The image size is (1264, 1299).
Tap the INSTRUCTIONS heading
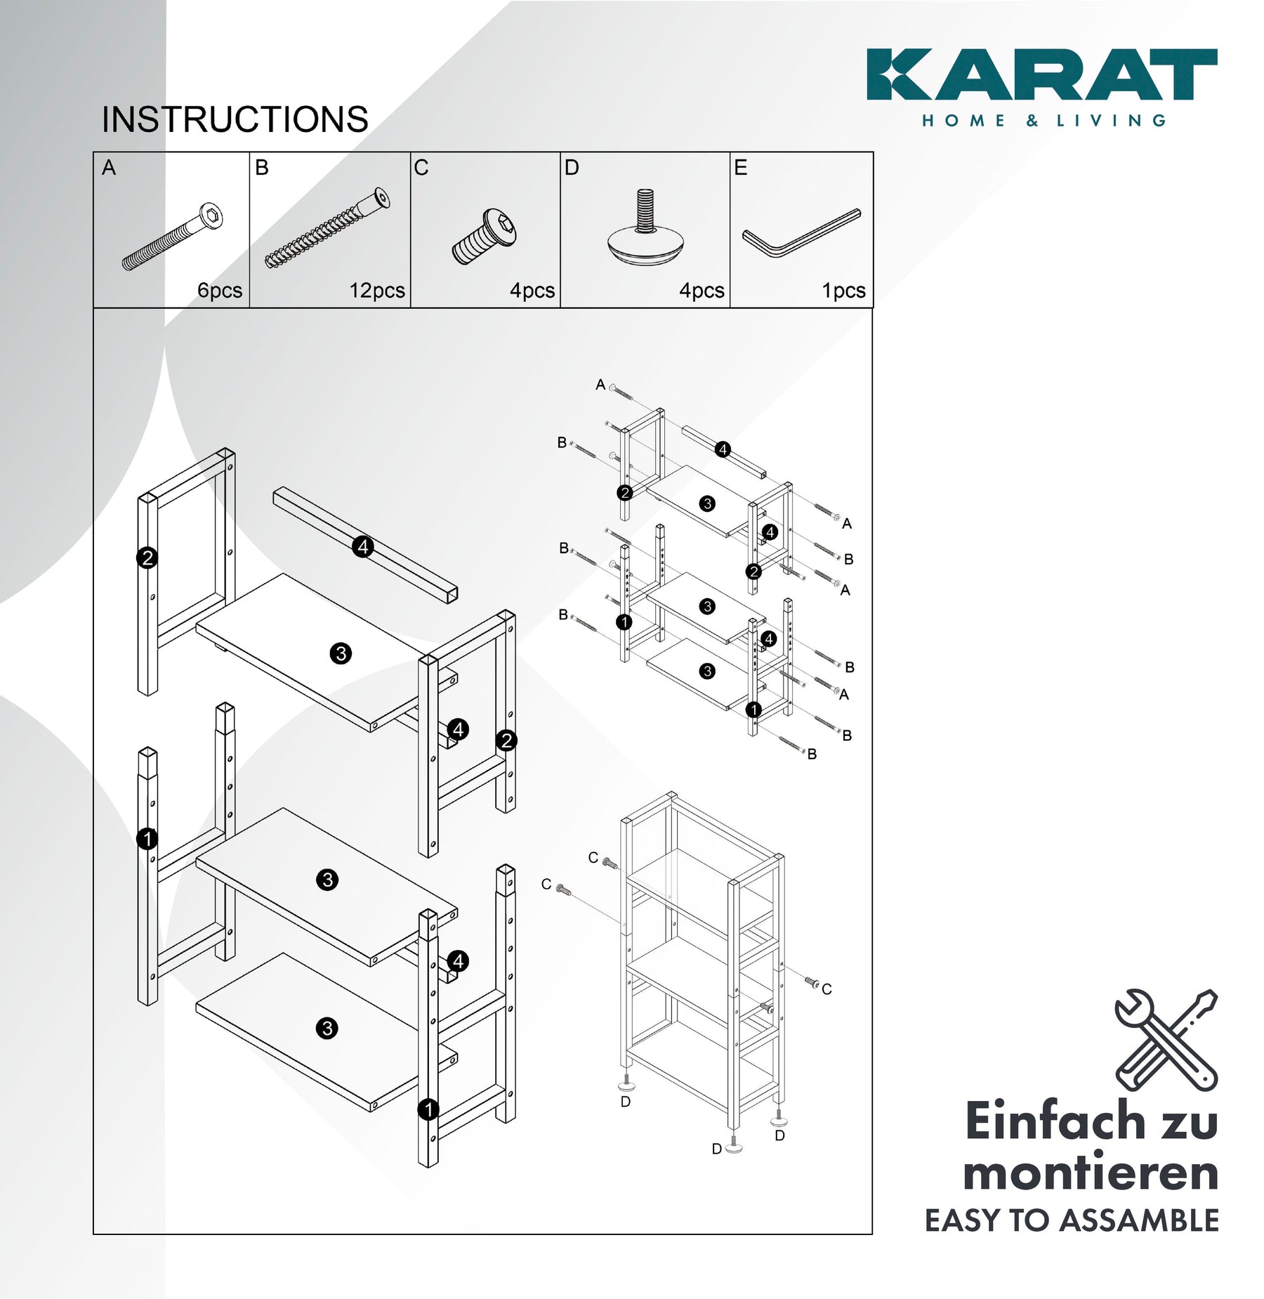235,119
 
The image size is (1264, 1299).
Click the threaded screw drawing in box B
327,228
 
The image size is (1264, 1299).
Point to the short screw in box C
485,236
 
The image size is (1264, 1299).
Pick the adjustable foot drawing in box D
645,227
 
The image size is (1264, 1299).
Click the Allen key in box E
801,233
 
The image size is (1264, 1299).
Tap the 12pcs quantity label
377,291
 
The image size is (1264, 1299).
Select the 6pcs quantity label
220,291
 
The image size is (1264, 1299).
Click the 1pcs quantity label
843,291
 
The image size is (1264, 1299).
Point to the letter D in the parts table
572,168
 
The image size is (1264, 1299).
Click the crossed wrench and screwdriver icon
1166,1040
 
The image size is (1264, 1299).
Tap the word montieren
1091,1173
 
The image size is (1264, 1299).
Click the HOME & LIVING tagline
1044,121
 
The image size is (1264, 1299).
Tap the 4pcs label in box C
532,291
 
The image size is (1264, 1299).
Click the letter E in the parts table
741,168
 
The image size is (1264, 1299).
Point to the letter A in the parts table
109,168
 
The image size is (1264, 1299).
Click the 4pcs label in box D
702,291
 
